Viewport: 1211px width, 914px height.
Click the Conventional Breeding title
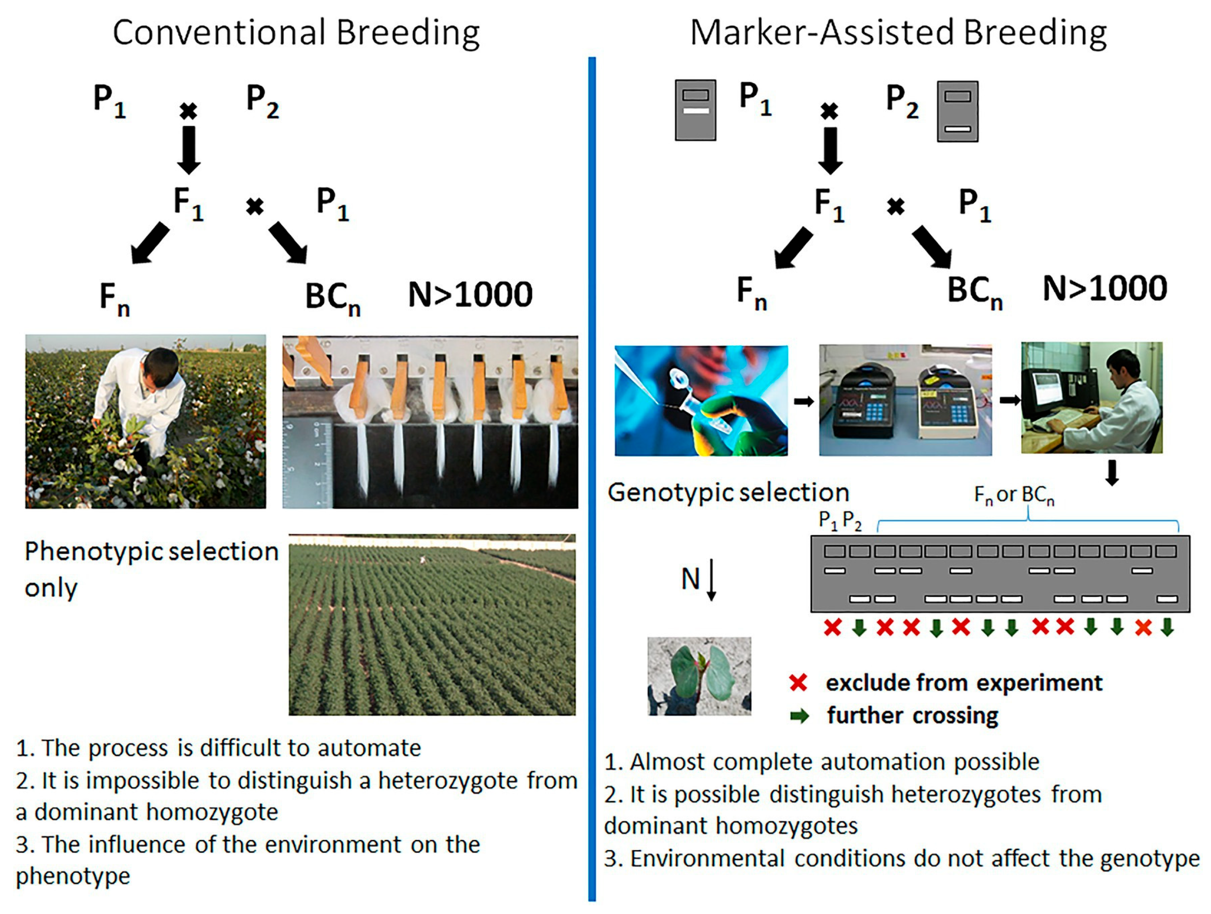pyautogui.click(x=296, y=33)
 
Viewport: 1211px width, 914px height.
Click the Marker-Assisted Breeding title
pyautogui.click(x=898, y=33)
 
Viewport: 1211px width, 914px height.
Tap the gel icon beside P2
pyautogui.click(x=957, y=112)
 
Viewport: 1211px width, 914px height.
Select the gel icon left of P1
pyautogui.click(x=695, y=110)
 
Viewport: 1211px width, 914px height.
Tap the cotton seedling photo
pyautogui.click(x=699, y=676)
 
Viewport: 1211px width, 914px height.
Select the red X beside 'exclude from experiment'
pyautogui.click(x=798, y=682)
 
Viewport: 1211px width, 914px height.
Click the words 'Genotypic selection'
pyautogui.click(x=728, y=493)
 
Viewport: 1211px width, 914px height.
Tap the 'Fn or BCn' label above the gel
pyautogui.click(x=1014, y=495)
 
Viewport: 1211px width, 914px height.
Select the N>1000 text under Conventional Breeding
pyautogui.click(x=470, y=294)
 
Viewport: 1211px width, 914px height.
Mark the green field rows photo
pyautogui.click(x=432, y=625)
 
